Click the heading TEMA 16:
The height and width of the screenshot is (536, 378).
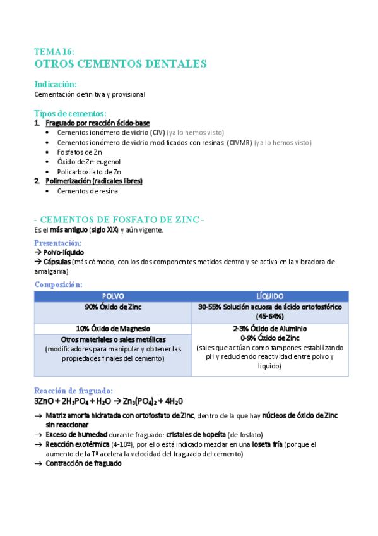54,52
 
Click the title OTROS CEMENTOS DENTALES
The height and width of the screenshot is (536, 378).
121,64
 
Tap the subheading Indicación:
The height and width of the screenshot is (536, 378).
56,84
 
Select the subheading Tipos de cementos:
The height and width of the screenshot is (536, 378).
71,113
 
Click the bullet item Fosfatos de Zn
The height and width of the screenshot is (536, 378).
80,152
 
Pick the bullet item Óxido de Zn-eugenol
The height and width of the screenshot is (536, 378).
88,162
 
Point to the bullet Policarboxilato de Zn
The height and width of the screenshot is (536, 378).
89,171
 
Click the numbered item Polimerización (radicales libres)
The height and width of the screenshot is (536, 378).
94,181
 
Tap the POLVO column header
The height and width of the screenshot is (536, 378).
113,296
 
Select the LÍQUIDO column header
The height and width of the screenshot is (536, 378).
269,296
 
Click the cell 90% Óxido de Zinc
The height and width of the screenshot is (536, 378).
113,307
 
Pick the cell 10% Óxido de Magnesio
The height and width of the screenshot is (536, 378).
113,328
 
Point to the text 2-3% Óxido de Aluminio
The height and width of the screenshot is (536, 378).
269,329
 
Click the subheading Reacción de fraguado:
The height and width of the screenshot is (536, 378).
73,391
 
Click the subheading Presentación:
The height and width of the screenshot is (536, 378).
58,243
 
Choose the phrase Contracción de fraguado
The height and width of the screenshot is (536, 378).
83,463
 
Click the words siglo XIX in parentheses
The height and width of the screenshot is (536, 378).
105,230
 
